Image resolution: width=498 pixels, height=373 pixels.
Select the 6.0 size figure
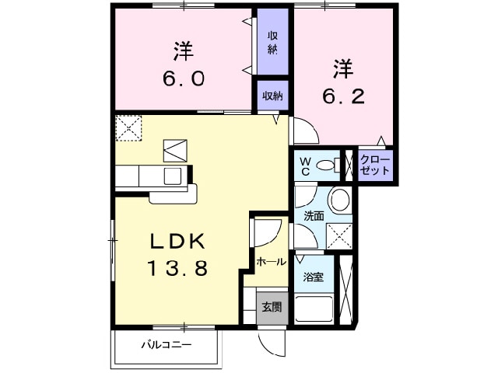(184, 79)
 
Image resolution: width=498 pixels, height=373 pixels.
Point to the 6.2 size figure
(344, 96)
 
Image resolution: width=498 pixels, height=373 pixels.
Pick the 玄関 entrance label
(272, 307)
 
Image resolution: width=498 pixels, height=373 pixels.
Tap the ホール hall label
(272, 262)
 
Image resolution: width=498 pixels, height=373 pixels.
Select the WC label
(307, 164)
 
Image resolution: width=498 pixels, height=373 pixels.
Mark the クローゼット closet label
(375, 165)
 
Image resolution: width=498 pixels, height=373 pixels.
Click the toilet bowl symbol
(333, 164)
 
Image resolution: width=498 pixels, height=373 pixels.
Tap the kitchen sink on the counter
(172, 175)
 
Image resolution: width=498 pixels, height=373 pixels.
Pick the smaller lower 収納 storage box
(272, 96)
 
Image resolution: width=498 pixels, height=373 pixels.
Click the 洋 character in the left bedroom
(184, 52)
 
